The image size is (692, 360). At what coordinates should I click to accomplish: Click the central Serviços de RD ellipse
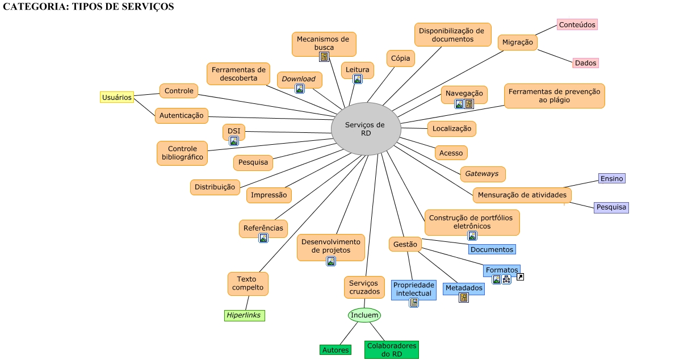coord(366,129)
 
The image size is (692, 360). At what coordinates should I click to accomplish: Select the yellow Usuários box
coord(117,97)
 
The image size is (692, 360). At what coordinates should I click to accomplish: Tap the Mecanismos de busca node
coord(324,44)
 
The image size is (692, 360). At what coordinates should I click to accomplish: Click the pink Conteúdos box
coord(577,24)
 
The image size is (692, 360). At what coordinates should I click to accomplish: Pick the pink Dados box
coord(585,62)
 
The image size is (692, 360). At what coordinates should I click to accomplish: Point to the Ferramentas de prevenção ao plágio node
coord(554,96)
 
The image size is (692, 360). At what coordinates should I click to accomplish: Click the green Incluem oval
coord(364,315)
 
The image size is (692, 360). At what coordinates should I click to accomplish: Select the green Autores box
coord(335,350)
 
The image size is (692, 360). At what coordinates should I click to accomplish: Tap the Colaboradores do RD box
coord(391,350)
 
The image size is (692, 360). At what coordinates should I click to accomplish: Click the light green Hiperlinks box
coord(244,316)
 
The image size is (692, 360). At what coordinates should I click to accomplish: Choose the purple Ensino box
coord(612,178)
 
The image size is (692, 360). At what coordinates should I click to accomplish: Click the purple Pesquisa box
coord(611,207)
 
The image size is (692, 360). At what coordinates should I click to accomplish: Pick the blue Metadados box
coord(463,288)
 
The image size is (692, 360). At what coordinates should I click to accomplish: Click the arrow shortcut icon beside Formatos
coord(520,277)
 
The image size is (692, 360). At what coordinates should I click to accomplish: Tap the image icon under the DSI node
coord(234,141)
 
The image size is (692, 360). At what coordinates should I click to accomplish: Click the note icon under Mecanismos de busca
coord(324,57)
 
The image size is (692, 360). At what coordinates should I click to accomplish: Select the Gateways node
coord(483,174)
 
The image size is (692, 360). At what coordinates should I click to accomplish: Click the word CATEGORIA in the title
coord(36,6)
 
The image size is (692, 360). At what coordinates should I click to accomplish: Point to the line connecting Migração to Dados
coord(555,56)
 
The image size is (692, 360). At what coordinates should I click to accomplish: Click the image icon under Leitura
coord(358,79)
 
